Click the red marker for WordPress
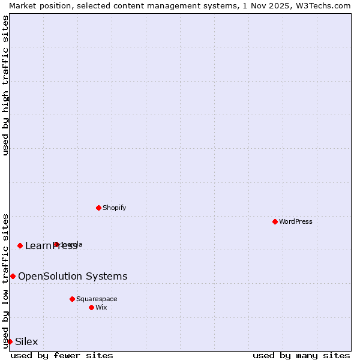pos(275,221)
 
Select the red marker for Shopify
pos(98,208)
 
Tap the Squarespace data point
pos(72,299)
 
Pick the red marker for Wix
pos(91,307)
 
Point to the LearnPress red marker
pos(20,245)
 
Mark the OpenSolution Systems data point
pos(13,276)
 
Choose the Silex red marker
pos(10,341)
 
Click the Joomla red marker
pos(56,244)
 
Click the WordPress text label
pos(296,221)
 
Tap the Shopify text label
pos(115,208)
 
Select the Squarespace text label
pos(97,299)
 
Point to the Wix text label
pos(101,307)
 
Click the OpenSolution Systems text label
pos(73,276)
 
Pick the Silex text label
pos(26,341)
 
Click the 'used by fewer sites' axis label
pos(62,355)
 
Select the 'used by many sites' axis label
pos(301,355)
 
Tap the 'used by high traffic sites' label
pos(5,85)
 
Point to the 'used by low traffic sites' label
pos(5,280)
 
